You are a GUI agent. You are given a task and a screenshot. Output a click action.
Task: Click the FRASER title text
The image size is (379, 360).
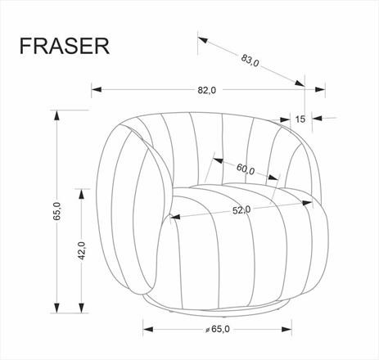[x=64, y=45]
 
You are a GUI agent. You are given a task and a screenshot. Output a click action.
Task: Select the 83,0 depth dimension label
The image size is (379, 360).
[x=250, y=61]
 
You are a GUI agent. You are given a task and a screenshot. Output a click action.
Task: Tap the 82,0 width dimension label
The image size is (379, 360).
[x=206, y=90]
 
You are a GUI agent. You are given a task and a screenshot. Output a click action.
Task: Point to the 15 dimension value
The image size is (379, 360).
[x=300, y=119]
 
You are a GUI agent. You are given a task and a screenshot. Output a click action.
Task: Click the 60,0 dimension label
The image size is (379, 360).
[x=245, y=170]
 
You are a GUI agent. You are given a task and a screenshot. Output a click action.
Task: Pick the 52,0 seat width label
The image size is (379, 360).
[x=241, y=209]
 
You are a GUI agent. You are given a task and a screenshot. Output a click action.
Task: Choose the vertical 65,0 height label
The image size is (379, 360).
[x=58, y=211]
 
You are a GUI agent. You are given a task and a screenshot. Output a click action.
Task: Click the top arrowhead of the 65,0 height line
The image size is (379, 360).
[x=57, y=115]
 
